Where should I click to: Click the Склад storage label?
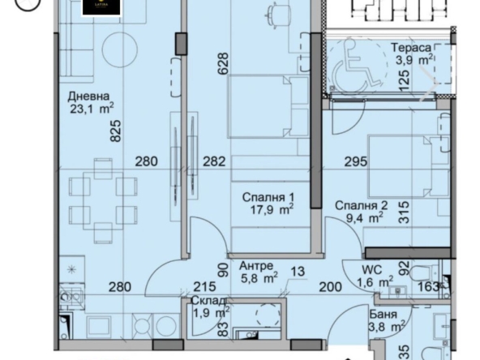click(x=202, y=300)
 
